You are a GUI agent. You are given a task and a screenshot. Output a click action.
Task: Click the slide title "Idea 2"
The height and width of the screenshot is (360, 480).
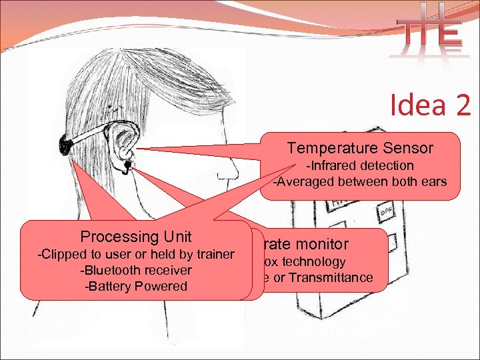(x=430, y=105)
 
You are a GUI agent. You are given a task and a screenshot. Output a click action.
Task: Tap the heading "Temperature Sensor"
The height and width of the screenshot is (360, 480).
(x=360, y=148)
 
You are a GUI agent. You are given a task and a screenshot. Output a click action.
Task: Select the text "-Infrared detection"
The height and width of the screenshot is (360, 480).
(x=359, y=165)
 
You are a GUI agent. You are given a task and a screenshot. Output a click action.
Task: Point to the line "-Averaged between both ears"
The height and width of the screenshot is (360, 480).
(x=360, y=181)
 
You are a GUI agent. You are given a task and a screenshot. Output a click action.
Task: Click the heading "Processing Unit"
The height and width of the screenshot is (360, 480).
(x=136, y=237)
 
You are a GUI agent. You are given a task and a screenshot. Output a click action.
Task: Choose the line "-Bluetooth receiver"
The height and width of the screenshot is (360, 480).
(x=136, y=270)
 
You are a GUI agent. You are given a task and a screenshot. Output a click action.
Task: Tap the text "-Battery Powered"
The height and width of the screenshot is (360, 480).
(x=136, y=286)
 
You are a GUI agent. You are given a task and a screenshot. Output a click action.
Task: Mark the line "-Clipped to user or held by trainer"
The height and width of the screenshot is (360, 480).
(x=136, y=254)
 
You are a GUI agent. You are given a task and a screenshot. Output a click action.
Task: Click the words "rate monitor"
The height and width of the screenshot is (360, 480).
(x=305, y=245)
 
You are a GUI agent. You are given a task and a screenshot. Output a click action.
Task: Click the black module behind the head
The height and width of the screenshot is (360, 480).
(x=67, y=142)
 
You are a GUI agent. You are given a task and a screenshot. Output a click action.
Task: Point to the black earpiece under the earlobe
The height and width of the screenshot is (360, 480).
(x=126, y=165)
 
